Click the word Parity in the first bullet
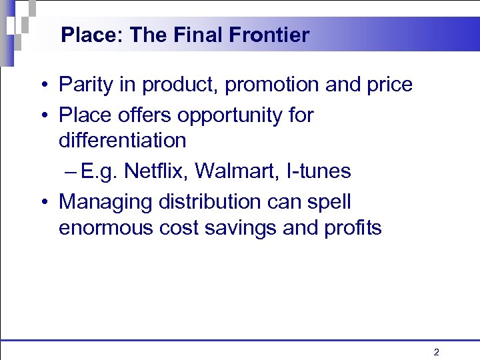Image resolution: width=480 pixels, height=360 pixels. click(x=84, y=85)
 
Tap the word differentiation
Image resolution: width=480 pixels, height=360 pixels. click(x=123, y=141)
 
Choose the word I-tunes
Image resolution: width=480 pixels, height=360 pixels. click(x=317, y=171)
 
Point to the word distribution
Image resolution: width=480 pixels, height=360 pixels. click(x=206, y=201)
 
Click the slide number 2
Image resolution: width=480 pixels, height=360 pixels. click(x=436, y=352)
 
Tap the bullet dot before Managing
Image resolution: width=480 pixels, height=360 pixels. click(x=42, y=202)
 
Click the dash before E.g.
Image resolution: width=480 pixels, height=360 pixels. click(x=71, y=172)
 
